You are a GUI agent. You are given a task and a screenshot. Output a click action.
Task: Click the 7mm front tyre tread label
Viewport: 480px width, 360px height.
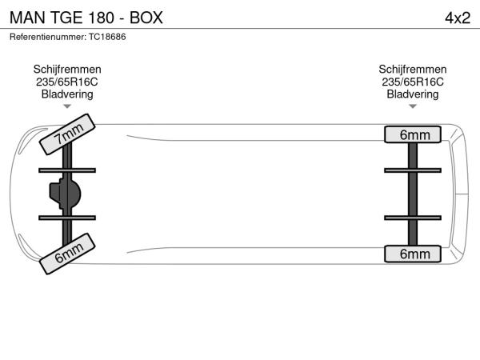[x=67, y=134]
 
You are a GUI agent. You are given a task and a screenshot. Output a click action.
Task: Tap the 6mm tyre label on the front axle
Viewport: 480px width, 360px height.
[x=67, y=254]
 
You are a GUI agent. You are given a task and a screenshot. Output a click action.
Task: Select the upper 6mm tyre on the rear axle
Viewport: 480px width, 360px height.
[x=413, y=134]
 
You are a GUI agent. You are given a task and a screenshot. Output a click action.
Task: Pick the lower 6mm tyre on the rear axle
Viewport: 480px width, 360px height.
[x=413, y=254]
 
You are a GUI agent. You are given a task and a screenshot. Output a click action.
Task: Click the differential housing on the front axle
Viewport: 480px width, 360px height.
[x=66, y=194]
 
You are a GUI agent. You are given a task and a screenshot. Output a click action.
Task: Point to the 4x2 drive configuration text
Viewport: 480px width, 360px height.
[x=458, y=18]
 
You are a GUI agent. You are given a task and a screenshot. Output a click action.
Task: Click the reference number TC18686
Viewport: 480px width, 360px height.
[x=107, y=37]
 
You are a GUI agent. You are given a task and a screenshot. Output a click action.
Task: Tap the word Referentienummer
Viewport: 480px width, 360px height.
[x=47, y=37]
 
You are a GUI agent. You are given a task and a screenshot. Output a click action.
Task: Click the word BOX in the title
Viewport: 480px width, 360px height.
[x=146, y=18]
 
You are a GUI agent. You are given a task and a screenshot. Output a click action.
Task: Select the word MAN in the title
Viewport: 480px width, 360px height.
[x=27, y=18]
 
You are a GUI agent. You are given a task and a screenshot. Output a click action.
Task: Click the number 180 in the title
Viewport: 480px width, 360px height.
[x=102, y=18]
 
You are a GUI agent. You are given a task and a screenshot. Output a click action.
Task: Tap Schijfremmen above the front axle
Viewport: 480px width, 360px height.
[x=67, y=69]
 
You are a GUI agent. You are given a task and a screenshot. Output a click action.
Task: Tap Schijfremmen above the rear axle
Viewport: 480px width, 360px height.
[x=413, y=69]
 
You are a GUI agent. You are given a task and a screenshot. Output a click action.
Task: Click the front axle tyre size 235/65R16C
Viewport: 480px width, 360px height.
[x=67, y=82]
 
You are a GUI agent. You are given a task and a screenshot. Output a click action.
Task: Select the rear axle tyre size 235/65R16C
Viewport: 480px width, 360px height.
[x=413, y=82]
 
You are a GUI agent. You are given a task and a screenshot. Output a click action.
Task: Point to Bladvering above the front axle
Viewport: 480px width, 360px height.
[x=67, y=94]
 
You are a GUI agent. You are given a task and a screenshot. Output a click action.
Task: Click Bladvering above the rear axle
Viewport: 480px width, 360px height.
[x=413, y=94]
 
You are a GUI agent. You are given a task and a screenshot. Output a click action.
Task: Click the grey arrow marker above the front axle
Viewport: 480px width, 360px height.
[x=67, y=106]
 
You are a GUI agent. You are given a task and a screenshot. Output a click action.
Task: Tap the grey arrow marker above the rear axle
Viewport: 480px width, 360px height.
[x=413, y=106]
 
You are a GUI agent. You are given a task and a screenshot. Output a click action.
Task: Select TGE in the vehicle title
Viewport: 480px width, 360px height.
[x=66, y=18]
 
